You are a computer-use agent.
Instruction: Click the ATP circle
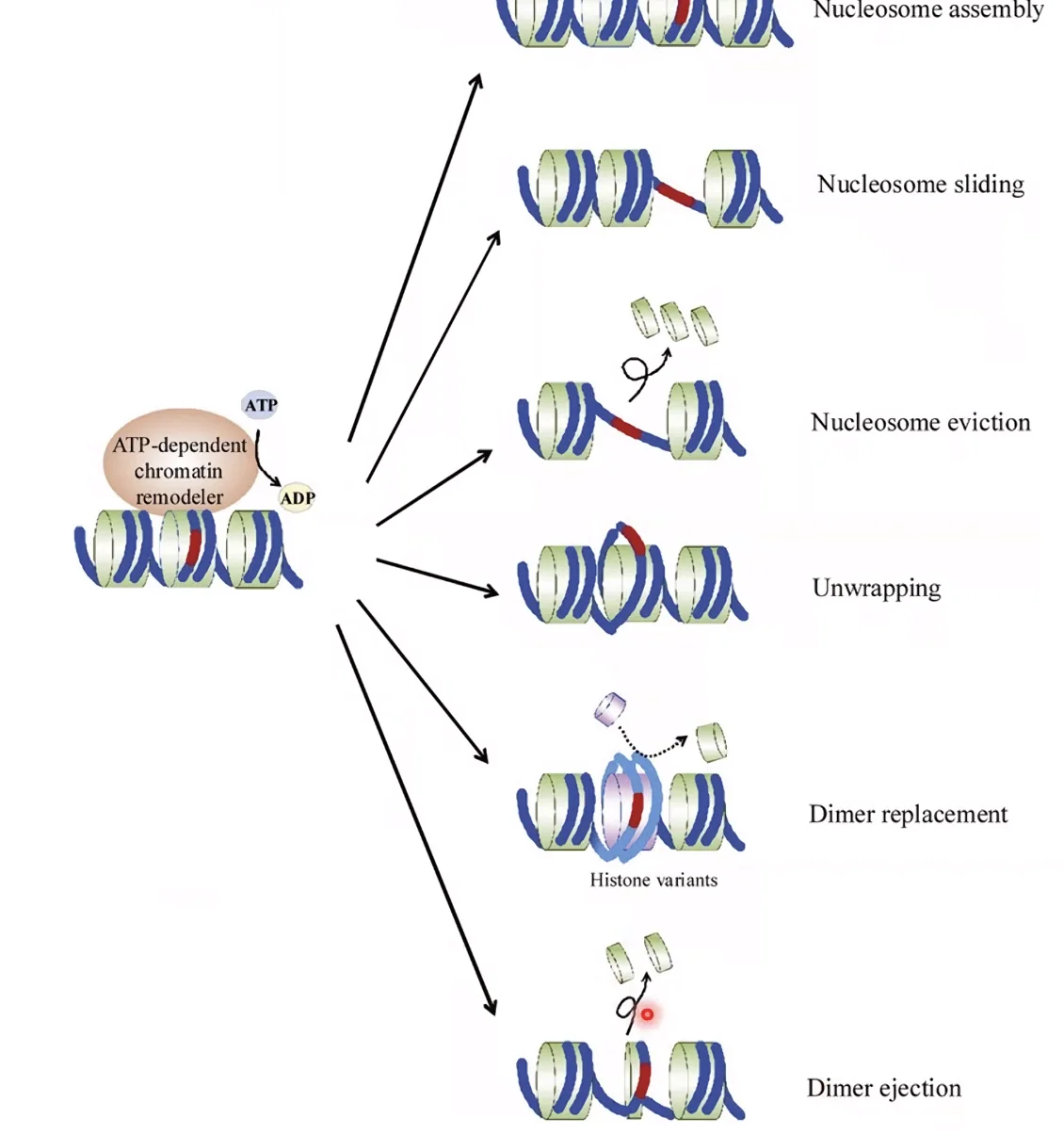pos(261,405)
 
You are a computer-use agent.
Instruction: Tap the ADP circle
pos(297,498)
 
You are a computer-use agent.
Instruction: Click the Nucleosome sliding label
pos(920,185)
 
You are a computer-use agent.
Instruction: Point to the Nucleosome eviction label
pos(920,423)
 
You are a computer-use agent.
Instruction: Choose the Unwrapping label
pos(876,588)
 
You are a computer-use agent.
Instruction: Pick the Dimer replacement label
pos(908,815)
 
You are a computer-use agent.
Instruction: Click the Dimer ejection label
pos(883,1089)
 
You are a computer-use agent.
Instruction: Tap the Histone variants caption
pos(653,880)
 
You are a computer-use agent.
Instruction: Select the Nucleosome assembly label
pos(928,9)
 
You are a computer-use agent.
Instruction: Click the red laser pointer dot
pos(647,1014)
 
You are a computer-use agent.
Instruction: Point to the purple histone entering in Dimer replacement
pos(610,708)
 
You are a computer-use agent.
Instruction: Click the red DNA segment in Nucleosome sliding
pos(675,194)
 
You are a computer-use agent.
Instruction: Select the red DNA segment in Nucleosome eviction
pos(626,428)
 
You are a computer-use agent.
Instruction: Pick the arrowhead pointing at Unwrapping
pos(492,591)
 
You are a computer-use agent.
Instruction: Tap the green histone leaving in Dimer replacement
pos(711,742)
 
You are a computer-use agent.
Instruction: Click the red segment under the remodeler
pos(194,548)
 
